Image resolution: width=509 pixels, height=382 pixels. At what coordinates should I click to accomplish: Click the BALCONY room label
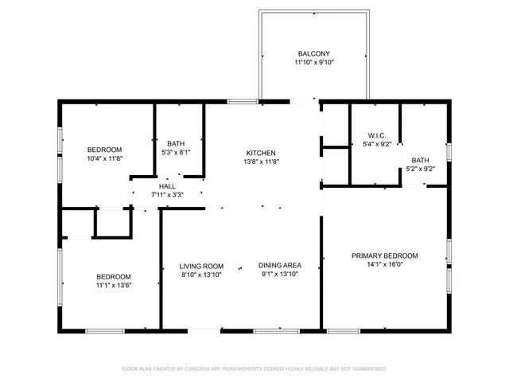coord(313,53)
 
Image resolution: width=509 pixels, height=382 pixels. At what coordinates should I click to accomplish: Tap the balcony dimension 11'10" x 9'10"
coord(313,62)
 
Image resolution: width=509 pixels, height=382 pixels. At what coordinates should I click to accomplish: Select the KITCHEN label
coord(261,153)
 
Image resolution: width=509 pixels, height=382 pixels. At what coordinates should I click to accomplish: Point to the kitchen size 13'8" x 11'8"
coord(261,162)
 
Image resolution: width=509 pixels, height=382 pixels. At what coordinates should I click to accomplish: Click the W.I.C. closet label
coord(376,135)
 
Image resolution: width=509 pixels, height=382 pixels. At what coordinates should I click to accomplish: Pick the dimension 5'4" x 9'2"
coord(376,144)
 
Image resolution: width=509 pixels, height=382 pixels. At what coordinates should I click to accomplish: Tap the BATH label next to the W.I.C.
coord(420,159)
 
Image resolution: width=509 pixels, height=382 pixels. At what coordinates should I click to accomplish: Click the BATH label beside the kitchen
coord(176,143)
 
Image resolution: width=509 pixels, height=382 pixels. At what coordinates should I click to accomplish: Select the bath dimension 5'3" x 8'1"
coord(176,152)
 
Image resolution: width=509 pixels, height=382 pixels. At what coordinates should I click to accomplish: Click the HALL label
coord(167,186)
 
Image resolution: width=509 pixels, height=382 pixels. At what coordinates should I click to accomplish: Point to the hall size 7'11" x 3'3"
coord(167,195)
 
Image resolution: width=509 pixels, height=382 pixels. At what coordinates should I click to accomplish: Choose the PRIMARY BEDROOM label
coord(385,255)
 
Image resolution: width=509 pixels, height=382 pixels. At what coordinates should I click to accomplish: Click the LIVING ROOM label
coord(200,267)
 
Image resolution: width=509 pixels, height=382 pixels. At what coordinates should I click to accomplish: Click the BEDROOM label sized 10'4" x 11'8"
coord(104,150)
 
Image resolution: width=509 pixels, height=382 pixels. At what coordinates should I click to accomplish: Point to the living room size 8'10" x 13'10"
coord(200,275)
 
